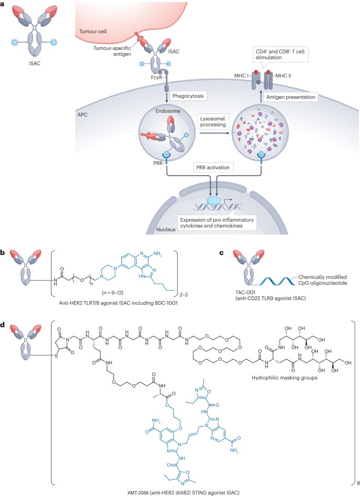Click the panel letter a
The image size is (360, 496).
(4, 5)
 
